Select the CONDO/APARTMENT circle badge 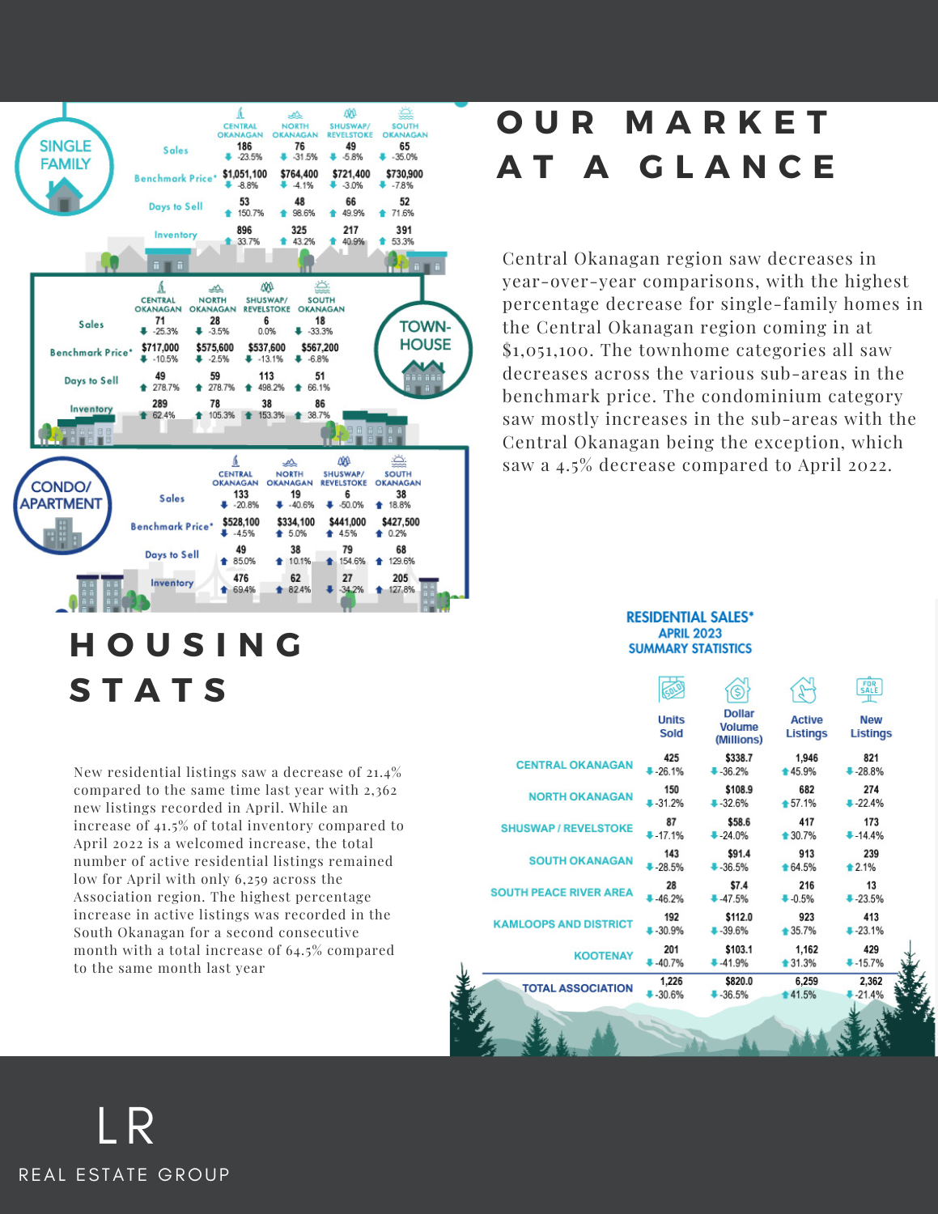pos(62,507)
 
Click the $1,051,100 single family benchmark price pos(244,174)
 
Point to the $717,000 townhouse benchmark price pos(160,347)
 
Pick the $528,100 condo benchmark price pos(241,522)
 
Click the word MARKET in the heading pos(728,123)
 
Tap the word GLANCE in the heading pos(738,168)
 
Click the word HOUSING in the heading pos(187,645)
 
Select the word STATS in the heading pos(150,690)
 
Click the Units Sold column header pos(671,726)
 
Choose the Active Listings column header pos(806,726)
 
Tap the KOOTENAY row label pos(603,956)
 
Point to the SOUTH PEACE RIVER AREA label pos(561,892)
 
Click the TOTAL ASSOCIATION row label pos(577,988)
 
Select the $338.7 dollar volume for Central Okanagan pos(738,758)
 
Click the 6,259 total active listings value pos(806,981)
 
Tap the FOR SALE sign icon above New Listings pos(869,690)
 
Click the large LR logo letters pos(125,1126)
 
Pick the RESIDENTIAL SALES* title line pos(690,617)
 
